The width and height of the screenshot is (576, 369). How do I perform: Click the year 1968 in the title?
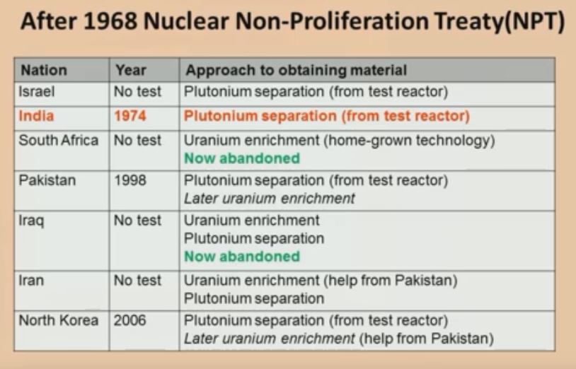[110, 21]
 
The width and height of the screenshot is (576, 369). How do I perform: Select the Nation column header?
[44, 70]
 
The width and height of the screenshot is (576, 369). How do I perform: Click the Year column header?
[131, 70]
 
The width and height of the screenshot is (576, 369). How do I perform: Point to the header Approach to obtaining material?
[296, 70]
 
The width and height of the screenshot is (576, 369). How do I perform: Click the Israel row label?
[36, 91]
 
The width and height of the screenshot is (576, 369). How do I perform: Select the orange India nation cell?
[36, 116]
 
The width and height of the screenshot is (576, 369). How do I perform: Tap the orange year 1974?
[130, 116]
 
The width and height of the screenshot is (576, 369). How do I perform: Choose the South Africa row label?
[59, 140]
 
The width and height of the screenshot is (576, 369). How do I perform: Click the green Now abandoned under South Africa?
[242, 158]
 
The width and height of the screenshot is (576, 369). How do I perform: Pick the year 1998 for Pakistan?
[130, 180]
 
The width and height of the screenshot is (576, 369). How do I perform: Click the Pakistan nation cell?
[47, 180]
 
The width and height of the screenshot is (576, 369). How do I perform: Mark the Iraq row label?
[31, 221]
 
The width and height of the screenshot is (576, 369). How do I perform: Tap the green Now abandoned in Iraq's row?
[242, 257]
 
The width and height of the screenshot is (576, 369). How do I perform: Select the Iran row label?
[31, 280]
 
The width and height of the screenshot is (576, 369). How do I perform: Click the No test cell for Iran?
[137, 280]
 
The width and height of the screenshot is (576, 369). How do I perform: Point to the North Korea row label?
[59, 320]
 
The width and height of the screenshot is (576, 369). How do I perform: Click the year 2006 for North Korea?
[129, 320]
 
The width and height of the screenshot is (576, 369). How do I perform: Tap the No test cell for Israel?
[137, 91]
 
